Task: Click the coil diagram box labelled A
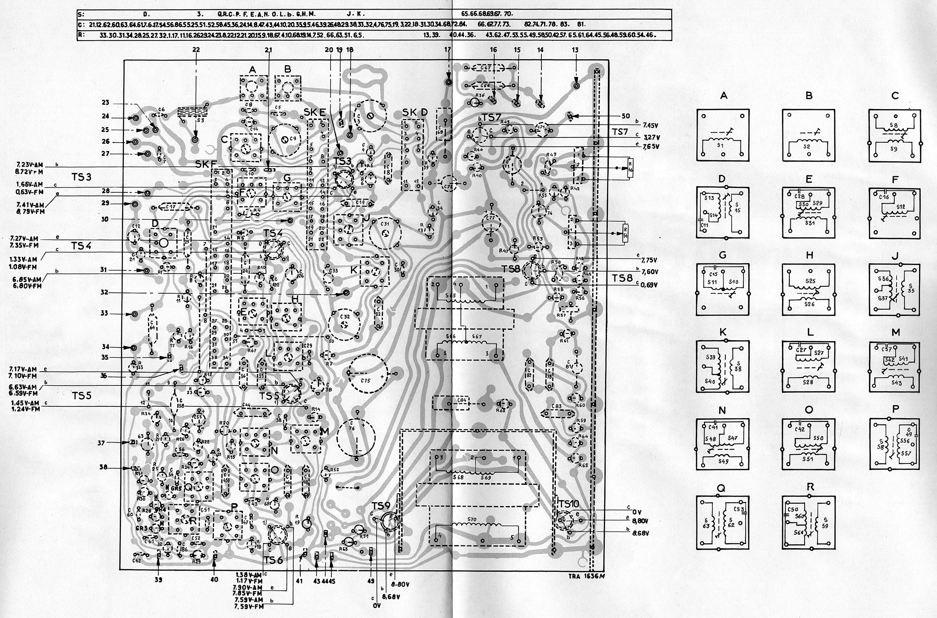(x=723, y=135)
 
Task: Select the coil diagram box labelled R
(x=809, y=522)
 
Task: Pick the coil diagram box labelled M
(x=895, y=367)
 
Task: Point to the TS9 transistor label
(x=381, y=505)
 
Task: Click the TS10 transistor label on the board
(x=568, y=504)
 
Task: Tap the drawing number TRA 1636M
(x=586, y=576)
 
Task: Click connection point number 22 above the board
(x=196, y=50)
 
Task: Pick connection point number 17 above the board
(x=447, y=50)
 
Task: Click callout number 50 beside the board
(x=625, y=116)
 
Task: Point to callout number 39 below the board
(x=158, y=580)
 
